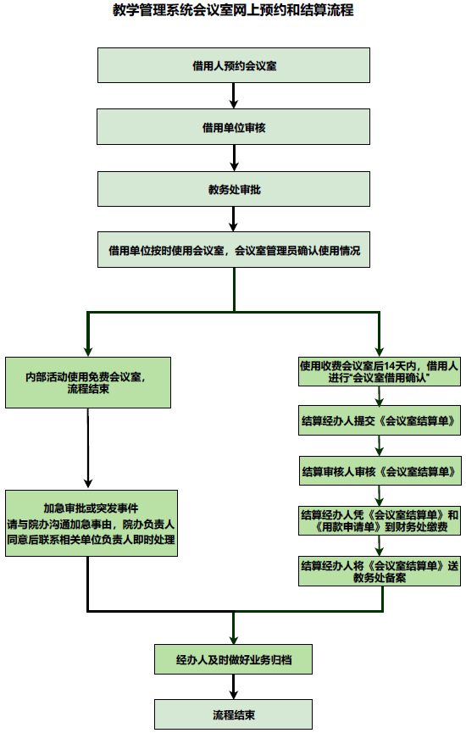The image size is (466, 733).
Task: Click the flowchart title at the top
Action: click(233, 11)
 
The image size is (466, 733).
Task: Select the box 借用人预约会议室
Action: click(233, 64)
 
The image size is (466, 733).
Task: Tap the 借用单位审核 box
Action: click(233, 127)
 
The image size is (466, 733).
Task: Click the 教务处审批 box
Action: click(233, 189)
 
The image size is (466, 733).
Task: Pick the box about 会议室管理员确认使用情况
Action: click(233, 251)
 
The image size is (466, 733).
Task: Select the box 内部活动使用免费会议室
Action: click(88, 383)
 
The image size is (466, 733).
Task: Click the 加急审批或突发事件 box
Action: click(91, 523)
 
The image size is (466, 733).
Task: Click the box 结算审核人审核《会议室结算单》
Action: click(379, 469)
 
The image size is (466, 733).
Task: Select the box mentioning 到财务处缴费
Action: click(379, 520)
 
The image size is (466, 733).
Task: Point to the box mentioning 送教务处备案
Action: click(379, 571)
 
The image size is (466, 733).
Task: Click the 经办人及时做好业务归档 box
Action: click(233, 658)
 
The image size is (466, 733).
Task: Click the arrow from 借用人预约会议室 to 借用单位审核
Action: click(233, 96)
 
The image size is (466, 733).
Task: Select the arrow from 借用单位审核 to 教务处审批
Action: click(233, 158)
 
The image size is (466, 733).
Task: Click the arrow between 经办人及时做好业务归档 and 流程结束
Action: click(233, 686)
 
